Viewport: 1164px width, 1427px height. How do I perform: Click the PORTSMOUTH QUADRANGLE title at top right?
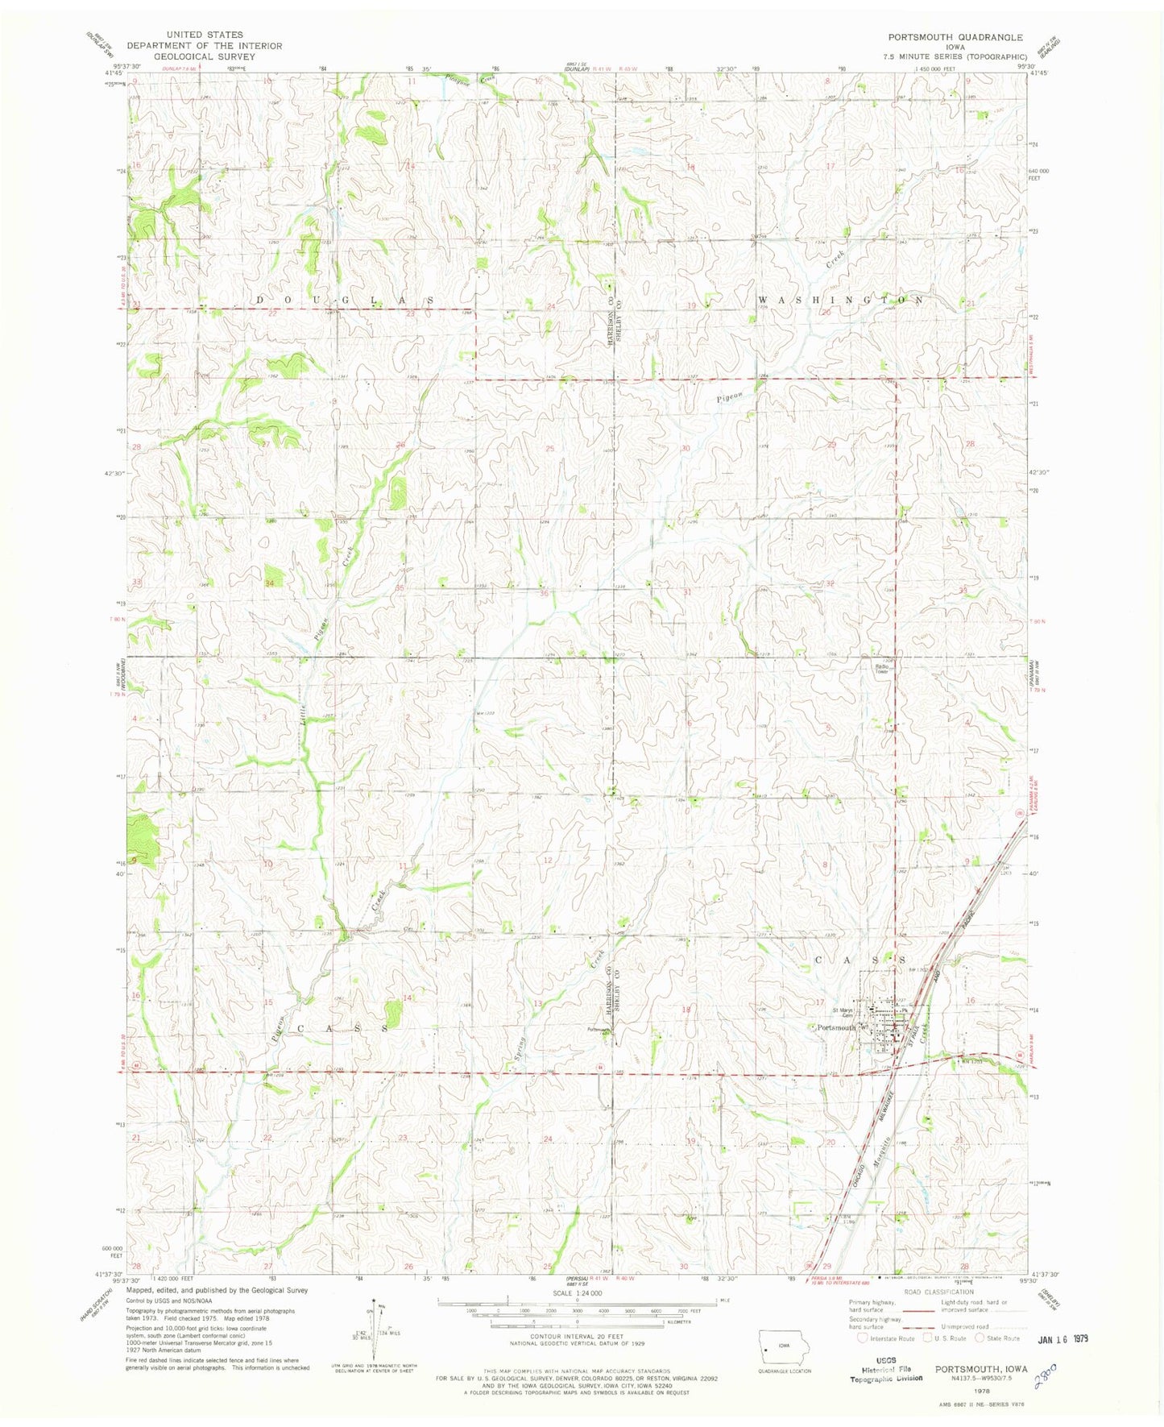tap(955, 37)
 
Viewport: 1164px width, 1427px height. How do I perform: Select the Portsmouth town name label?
tap(836, 1028)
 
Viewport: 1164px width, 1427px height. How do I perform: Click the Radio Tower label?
tap(881, 669)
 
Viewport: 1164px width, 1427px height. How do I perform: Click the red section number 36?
tap(545, 594)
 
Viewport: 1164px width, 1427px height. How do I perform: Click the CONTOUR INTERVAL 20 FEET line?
tap(576, 1353)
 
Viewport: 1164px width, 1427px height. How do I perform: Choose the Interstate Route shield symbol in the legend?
tap(863, 1338)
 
